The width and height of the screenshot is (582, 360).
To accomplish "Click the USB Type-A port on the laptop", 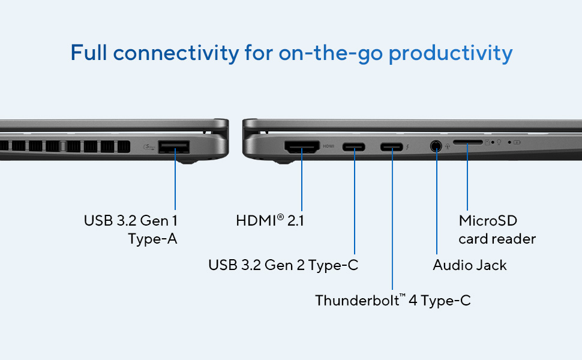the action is [x=174, y=147].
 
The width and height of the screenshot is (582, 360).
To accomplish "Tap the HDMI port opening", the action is [x=302, y=147].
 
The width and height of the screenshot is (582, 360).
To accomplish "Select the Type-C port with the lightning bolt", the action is [x=392, y=147].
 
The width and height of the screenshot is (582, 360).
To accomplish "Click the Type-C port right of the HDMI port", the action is [x=354, y=147].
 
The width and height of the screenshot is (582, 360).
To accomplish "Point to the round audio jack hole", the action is [x=436, y=146].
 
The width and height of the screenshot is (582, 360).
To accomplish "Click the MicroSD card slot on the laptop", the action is [x=467, y=142].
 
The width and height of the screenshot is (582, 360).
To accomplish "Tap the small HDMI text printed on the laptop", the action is [x=328, y=146].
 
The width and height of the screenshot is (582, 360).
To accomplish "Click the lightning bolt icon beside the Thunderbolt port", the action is [x=407, y=147].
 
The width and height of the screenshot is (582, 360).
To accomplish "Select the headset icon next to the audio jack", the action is [x=448, y=146].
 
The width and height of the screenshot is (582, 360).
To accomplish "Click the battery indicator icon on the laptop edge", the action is [x=517, y=142].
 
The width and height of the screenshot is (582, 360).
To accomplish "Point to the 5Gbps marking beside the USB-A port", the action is [x=149, y=147].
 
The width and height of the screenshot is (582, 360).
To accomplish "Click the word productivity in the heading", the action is [x=451, y=53].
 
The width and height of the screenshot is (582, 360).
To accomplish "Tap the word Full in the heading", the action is [x=89, y=52].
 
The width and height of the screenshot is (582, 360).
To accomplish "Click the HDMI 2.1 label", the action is [x=270, y=220].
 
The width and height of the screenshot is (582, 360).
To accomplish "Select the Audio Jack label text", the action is [x=470, y=265].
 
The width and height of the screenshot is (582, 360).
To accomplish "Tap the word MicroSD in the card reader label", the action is [x=488, y=220].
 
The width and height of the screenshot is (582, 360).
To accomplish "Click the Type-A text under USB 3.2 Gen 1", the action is [x=152, y=239].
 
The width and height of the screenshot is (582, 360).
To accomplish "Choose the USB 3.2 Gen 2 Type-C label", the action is [x=283, y=265].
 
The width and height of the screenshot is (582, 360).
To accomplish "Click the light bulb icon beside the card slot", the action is [x=499, y=142].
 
